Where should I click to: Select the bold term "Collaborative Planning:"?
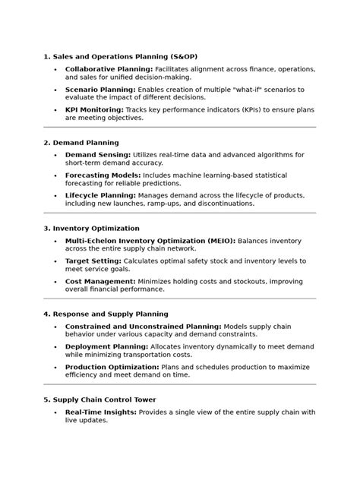tap(109, 69)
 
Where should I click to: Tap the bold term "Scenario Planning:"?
tap(100, 90)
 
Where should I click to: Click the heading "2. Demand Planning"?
tap(81, 143)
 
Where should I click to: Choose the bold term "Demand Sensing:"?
tap(97, 155)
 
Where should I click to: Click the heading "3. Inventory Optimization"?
tap(91, 229)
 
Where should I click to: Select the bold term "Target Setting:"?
tap(93, 261)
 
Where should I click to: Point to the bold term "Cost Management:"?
tap(99, 282)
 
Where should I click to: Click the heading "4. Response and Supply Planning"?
tap(106, 314)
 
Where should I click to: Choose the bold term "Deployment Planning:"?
tap(106, 346)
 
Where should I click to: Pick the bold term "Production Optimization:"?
tap(112, 367)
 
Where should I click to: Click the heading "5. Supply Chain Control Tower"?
tap(100, 399)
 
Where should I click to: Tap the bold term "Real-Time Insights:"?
tap(101, 412)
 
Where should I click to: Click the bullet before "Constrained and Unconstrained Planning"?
tap(55, 327)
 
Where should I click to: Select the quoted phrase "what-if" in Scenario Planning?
tap(246, 90)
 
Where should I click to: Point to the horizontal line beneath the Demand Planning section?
tap(179, 213)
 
